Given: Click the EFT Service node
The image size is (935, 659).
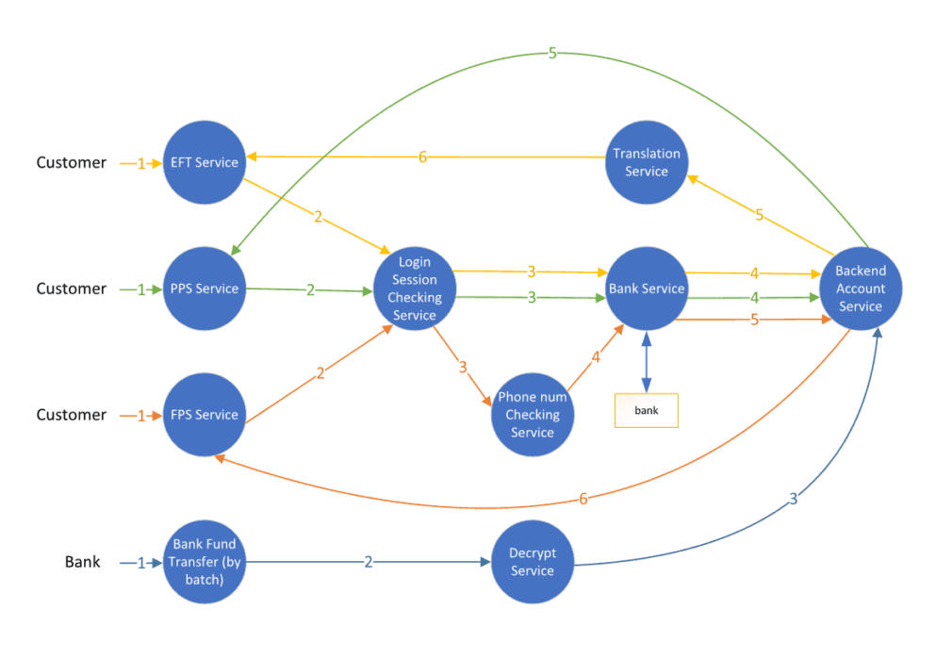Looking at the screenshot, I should click(204, 162).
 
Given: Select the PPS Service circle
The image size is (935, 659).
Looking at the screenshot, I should click(204, 288).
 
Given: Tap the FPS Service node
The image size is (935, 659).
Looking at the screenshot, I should click(204, 415).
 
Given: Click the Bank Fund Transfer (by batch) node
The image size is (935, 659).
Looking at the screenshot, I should click(204, 562).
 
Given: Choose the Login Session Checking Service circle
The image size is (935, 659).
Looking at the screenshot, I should click(415, 288).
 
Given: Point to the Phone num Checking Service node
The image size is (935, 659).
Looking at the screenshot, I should click(532, 415).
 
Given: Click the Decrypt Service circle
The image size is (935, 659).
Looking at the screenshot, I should click(532, 562).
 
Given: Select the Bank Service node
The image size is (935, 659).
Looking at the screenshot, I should click(647, 288).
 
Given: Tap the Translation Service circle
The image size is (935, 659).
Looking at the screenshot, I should click(647, 162).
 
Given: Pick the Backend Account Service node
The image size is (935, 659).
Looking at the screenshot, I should click(860, 288).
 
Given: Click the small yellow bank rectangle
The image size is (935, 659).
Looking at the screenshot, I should click(647, 411).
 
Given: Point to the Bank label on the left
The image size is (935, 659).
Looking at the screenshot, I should click(82, 562).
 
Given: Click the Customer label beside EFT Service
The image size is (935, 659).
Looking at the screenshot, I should click(72, 162).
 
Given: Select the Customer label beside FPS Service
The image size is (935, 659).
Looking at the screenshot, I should click(72, 415).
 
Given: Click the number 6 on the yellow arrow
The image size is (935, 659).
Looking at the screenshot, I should click(422, 157).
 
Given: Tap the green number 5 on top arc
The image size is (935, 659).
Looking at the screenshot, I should click(552, 54).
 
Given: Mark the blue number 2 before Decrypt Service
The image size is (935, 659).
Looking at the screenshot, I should click(369, 562).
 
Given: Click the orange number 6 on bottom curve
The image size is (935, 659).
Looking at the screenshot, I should click(582, 499).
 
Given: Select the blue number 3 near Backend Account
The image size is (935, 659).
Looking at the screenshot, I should click(792, 500).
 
